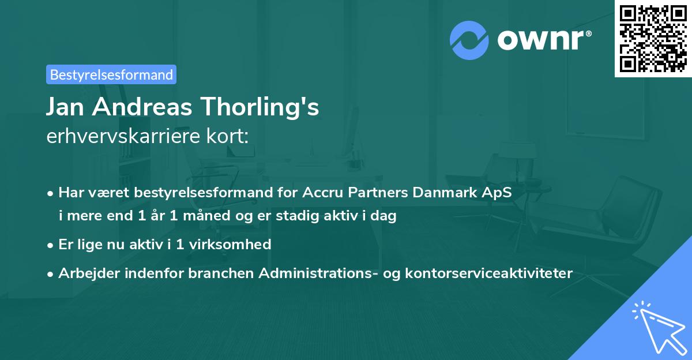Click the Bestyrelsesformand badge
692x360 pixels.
click(x=111, y=74)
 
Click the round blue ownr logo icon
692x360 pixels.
click(x=469, y=40)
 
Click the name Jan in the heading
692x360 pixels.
click(x=67, y=107)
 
